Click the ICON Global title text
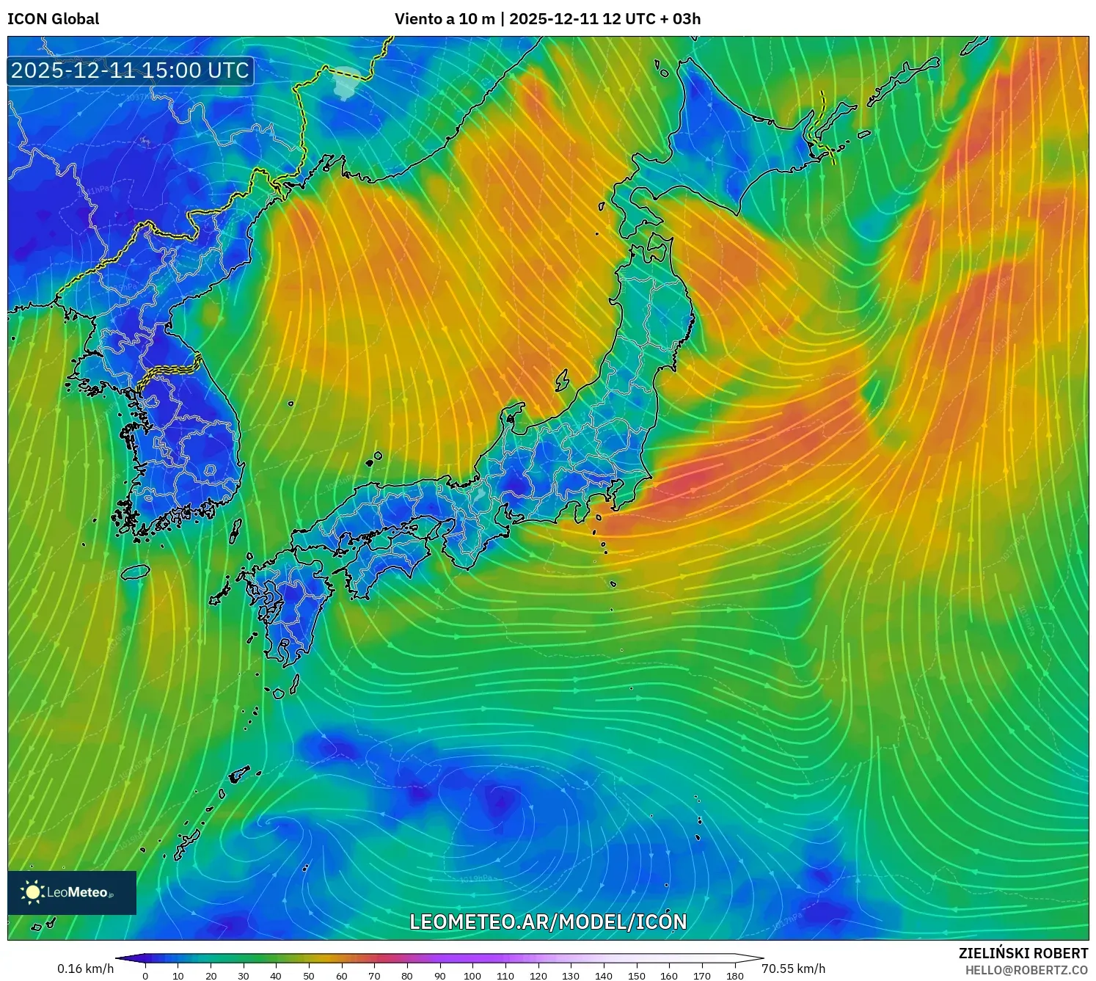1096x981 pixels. coord(53,19)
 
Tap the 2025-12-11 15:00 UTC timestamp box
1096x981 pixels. coord(131,70)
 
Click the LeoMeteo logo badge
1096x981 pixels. coord(72,892)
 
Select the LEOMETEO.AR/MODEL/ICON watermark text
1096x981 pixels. coord(548,922)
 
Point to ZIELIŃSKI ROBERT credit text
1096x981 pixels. coord(1023,953)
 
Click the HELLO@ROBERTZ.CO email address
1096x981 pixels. coord(1026,970)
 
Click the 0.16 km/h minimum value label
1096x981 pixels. coord(85,969)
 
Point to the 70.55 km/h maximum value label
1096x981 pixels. coord(794,969)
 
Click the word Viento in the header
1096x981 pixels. coord(420,19)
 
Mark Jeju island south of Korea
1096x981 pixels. coord(136,571)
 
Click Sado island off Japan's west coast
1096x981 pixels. coord(563,380)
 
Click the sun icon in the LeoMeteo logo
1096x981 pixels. coord(33,891)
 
